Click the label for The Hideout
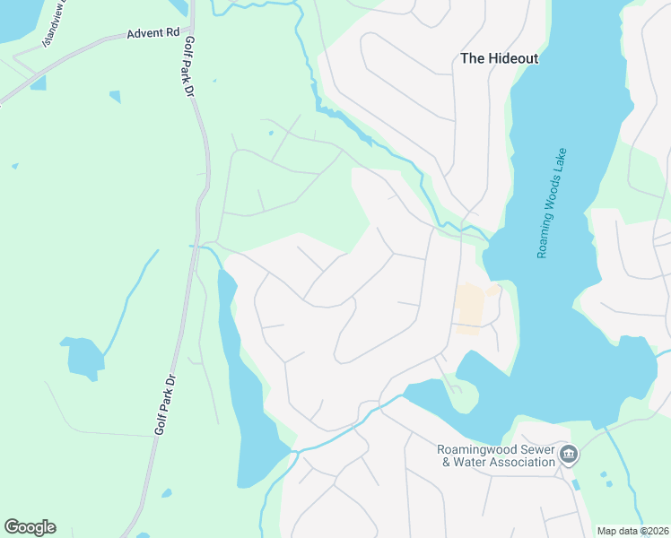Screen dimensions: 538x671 click(499, 58)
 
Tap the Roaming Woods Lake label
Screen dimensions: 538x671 click(552, 203)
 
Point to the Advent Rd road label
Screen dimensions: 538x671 click(153, 33)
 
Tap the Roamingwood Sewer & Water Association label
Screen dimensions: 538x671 click(496, 456)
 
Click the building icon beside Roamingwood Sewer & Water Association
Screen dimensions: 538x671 click(569, 456)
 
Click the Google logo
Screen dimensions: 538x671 click(30, 527)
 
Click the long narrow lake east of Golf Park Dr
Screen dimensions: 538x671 click(248, 395)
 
